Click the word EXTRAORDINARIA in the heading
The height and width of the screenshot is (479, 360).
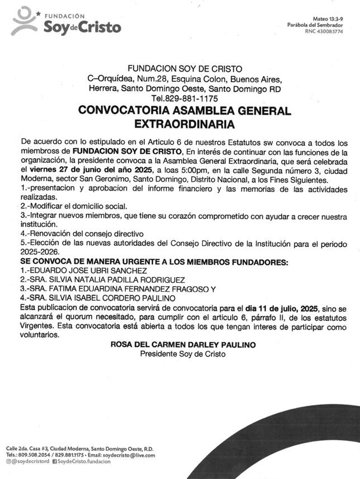(x=184, y=122)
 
